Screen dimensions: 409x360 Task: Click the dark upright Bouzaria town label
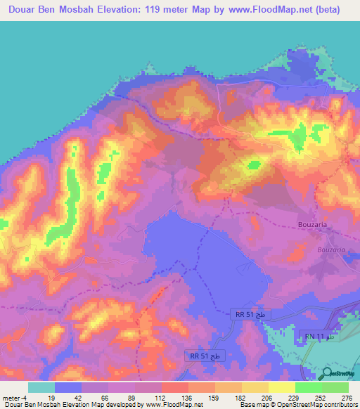tap(309, 226)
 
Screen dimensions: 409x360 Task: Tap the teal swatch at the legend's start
tap(41, 387)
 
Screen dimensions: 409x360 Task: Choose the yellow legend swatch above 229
tap(282, 387)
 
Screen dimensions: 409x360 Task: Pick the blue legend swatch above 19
tap(68, 387)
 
